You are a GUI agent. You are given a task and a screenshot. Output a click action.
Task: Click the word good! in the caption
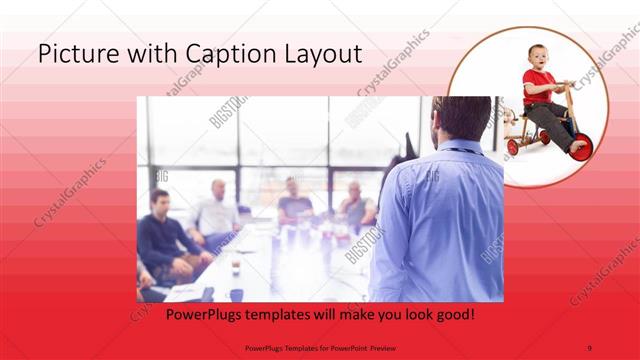[451, 314]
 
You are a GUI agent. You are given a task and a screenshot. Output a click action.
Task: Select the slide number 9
[589, 347]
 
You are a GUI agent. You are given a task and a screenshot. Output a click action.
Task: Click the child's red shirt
[536, 85]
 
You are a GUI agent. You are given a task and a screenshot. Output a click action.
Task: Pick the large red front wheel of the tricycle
[580, 145]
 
